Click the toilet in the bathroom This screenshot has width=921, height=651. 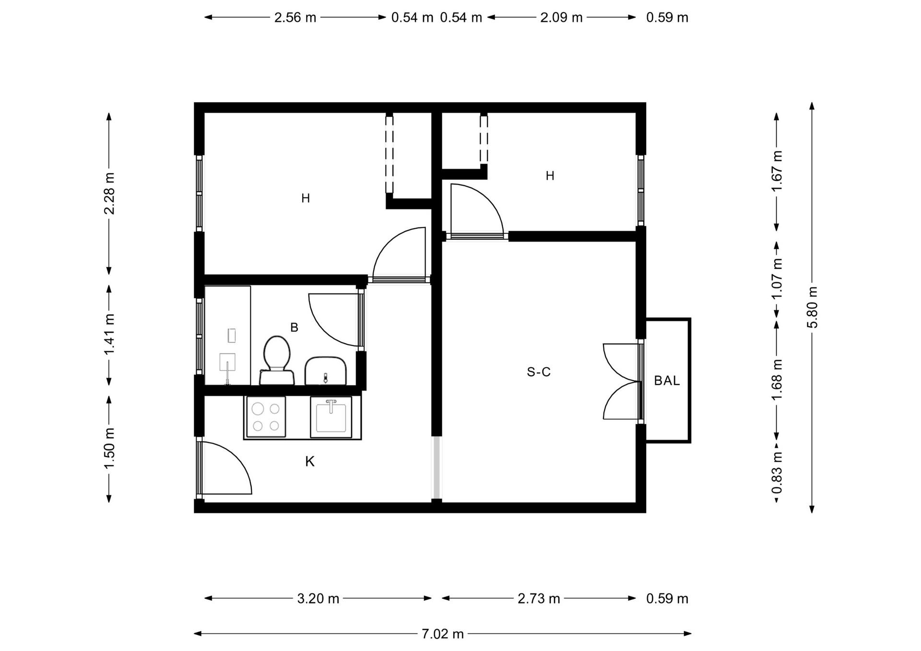(x=277, y=360)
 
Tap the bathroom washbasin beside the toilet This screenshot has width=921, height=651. (x=326, y=371)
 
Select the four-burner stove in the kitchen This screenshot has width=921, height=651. (x=266, y=417)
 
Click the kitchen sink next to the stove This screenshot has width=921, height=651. (x=331, y=417)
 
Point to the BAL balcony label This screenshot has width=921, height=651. (x=667, y=381)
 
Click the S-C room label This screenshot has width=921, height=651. (x=539, y=372)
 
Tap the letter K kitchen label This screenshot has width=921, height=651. (x=310, y=462)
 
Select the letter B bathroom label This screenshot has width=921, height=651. (x=294, y=327)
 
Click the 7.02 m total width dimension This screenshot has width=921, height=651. (x=443, y=634)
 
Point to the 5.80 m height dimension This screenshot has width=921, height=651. (x=812, y=307)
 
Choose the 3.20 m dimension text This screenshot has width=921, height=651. (x=318, y=598)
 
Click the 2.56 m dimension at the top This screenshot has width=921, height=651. (x=295, y=17)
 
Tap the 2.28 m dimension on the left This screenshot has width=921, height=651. (x=109, y=193)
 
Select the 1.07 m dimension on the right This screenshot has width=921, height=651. (x=777, y=279)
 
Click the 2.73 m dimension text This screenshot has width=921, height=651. (x=539, y=598)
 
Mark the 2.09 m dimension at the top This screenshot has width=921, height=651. (x=561, y=17)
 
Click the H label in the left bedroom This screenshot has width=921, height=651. (x=306, y=198)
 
